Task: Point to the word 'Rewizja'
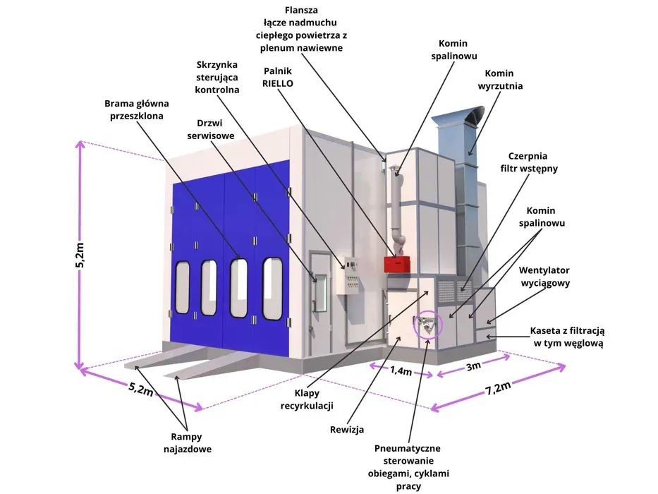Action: tap(346, 429)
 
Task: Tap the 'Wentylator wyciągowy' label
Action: tap(544, 277)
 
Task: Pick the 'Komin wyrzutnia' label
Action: tap(499, 80)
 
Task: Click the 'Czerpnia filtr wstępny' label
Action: tap(534, 162)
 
